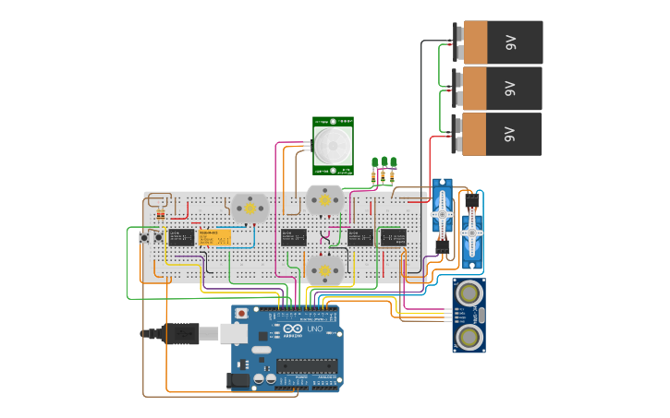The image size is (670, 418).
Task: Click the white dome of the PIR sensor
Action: pyautogui.click(x=332, y=145)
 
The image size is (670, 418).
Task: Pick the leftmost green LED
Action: pyautogui.click(x=374, y=162)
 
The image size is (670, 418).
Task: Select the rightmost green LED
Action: pyautogui.click(x=394, y=162)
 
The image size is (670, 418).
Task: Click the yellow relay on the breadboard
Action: pyautogui.click(x=214, y=237)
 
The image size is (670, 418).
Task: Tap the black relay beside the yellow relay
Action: pyautogui.click(x=181, y=237)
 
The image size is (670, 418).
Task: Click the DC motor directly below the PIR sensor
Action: pyautogui.click(x=323, y=199)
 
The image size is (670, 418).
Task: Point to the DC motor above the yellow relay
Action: pyautogui.click(x=249, y=209)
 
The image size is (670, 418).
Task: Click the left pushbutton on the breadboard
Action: pyautogui.click(x=144, y=238)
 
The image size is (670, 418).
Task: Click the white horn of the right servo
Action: pyautogui.click(x=472, y=234)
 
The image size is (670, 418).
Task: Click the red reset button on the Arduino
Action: pyautogui.click(x=241, y=314)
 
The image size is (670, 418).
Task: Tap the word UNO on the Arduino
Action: pyautogui.click(x=314, y=329)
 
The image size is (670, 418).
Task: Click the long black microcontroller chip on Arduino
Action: pyautogui.click(x=304, y=365)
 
